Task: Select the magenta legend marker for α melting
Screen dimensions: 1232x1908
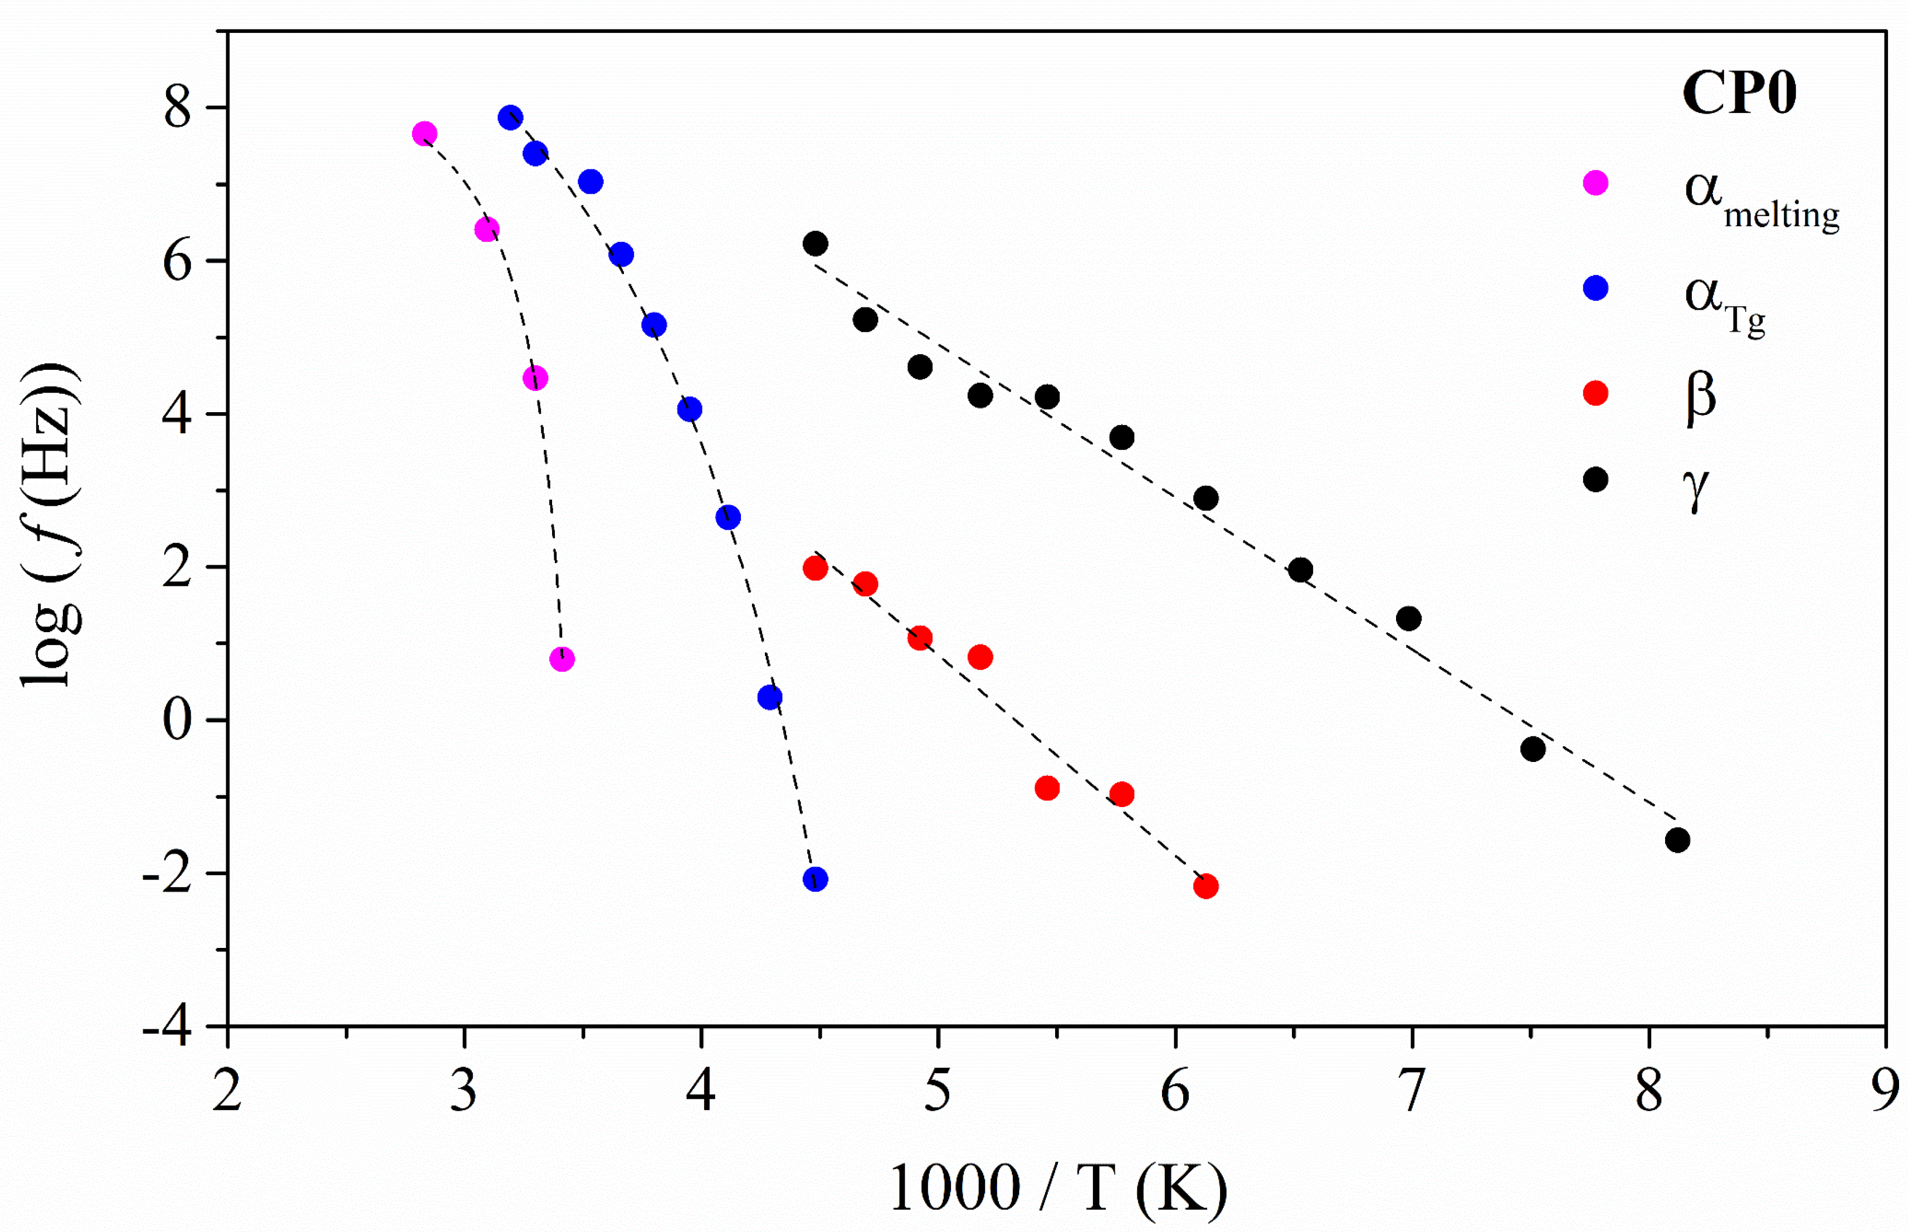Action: click(x=1595, y=183)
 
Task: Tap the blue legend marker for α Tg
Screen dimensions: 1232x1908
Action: click(x=1595, y=288)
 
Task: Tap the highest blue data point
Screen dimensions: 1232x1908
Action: click(x=510, y=118)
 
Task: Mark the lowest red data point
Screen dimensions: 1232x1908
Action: click(x=1206, y=886)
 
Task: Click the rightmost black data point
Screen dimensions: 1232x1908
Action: click(x=1677, y=840)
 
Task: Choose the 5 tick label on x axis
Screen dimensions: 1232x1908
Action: click(x=938, y=1091)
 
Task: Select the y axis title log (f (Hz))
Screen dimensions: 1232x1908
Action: click(x=50, y=524)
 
